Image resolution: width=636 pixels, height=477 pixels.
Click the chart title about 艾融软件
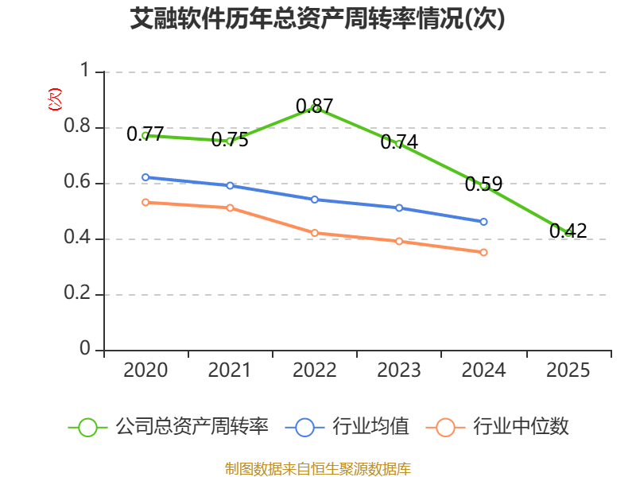317,18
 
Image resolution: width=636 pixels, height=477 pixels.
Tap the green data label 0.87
314,107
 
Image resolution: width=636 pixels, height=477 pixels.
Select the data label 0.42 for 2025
568,231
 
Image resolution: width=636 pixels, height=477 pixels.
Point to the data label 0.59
483,184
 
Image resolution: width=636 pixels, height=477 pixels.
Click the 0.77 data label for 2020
145,134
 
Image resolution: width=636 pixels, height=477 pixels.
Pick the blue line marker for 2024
483,222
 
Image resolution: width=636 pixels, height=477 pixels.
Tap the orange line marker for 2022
314,233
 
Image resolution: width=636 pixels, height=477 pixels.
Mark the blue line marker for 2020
145,177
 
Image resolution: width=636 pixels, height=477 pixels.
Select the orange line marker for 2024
483,252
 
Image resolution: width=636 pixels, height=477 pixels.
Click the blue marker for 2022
314,200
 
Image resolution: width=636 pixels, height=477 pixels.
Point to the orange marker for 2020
145,203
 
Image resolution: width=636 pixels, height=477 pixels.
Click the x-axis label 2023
399,370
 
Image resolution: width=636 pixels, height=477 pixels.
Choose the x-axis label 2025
568,370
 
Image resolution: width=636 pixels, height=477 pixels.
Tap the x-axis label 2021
230,370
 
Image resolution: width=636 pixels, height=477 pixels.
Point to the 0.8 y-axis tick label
77,126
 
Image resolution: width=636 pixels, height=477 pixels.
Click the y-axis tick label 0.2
77,293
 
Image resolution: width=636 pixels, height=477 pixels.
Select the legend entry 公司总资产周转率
168,427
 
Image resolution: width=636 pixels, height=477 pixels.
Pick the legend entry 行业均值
347,427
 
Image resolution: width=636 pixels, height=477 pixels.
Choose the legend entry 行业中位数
498,427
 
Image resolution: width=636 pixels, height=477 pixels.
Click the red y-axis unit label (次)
55,99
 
